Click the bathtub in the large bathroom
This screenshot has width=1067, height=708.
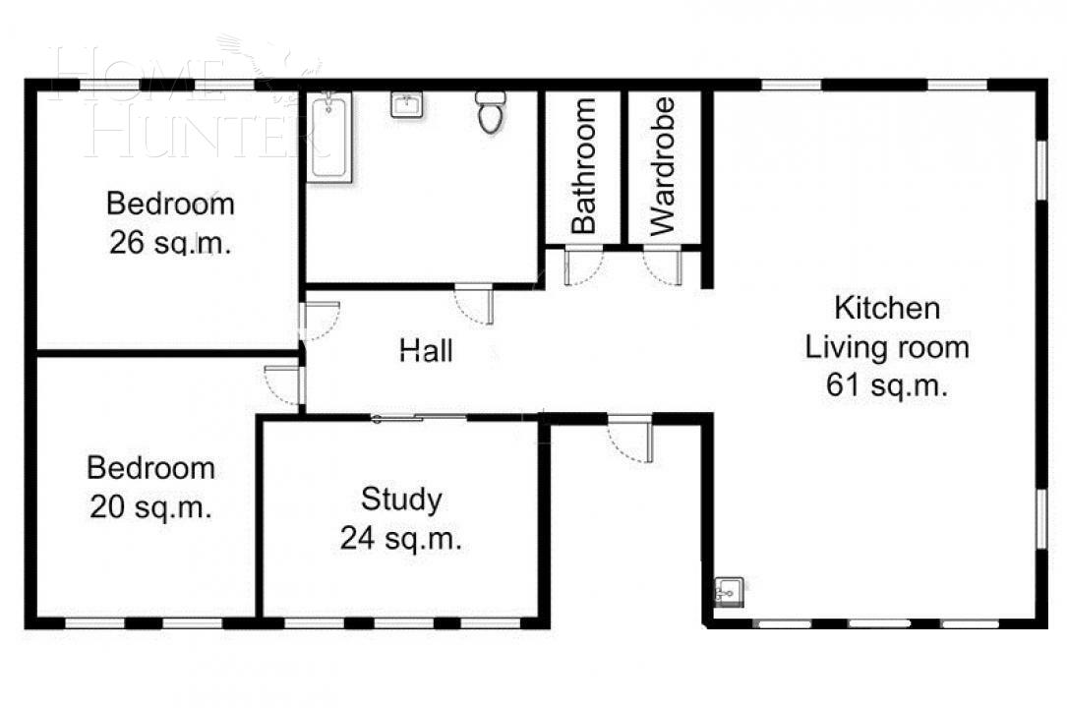pos(329,137)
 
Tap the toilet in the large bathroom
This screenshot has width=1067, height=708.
pos(491,112)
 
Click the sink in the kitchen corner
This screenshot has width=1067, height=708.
pos(730,590)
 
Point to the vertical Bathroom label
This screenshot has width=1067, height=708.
pos(584,165)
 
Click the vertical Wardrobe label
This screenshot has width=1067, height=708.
pos(664,165)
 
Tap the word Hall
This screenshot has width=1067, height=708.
pos(427,350)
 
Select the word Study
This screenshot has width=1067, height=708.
pos(401,500)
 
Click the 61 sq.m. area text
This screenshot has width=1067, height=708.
pos(887,385)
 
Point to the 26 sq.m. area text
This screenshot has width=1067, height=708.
pos(170,243)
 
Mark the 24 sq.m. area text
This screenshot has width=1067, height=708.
pos(401,538)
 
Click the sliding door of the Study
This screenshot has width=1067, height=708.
pos(420,419)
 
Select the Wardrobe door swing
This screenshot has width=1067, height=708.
pos(663,266)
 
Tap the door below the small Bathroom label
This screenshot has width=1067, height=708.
pos(582,266)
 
